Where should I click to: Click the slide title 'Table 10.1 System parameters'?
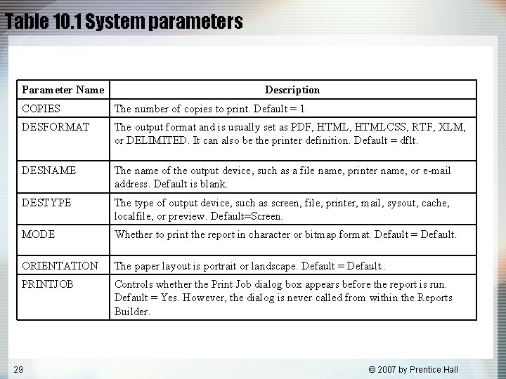(x=124, y=22)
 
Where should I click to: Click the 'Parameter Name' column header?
(x=63, y=90)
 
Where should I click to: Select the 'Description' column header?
(x=292, y=90)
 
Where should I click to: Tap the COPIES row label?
(x=41, y=109)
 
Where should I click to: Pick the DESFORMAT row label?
(x=56, y=127)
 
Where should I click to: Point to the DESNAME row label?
(x=49, y=171)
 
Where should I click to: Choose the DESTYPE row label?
(x=46, y=203)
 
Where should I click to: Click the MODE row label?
(x=39, y=234)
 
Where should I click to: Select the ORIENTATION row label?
(x=60, y=266)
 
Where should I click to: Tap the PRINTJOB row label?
(x=48, y=284)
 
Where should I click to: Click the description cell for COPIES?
(x=211, y=109)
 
